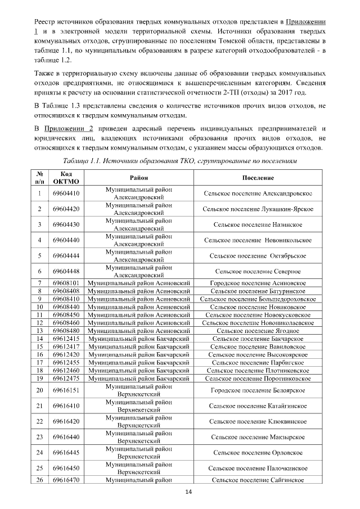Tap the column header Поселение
(x=258, y=178)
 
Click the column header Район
(x=139, y=178)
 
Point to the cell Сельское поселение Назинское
(x=258, y=225)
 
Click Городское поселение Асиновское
(x=258, y=283)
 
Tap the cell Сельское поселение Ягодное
(x=258, y=331)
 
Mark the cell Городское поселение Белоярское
(x=258, y=390)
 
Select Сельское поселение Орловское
(x=258, y=452)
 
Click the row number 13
(x=40, y=331)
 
